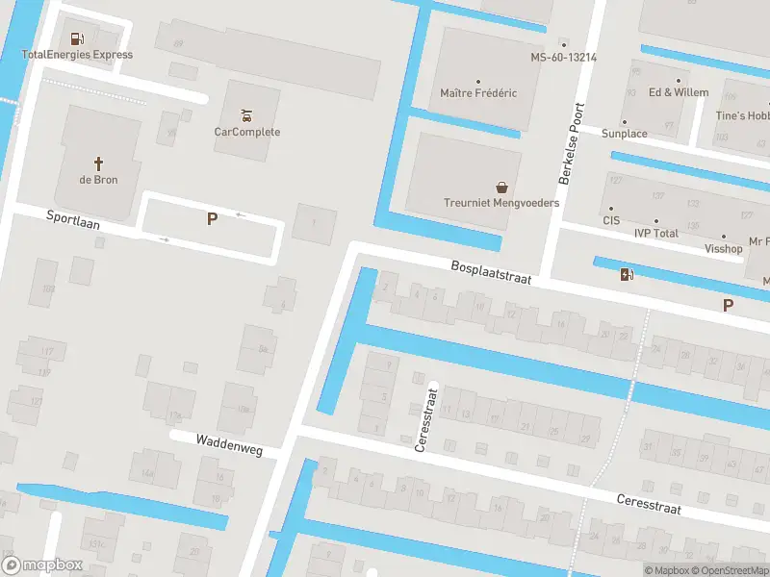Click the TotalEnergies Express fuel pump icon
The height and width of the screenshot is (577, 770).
(x=77, y=39)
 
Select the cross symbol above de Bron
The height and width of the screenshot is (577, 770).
(x=98, y=163)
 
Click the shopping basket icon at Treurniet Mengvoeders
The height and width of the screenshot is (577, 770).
(x=501, y=187)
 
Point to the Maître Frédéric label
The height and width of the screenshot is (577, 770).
(x=478, y=93)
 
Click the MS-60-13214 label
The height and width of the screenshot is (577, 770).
(x=564, y=58)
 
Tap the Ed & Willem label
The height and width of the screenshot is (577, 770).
(x=679, y=92)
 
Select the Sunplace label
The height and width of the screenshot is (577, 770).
(x=625, y=134)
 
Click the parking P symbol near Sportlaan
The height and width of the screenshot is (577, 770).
(x=212, y=219)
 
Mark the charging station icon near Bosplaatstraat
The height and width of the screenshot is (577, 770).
(x=627, y=275)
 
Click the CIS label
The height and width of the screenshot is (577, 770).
(x=611, y=220)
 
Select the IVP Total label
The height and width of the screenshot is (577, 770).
(x=656, y=233)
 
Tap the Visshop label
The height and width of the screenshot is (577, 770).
(x=724, y=248)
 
